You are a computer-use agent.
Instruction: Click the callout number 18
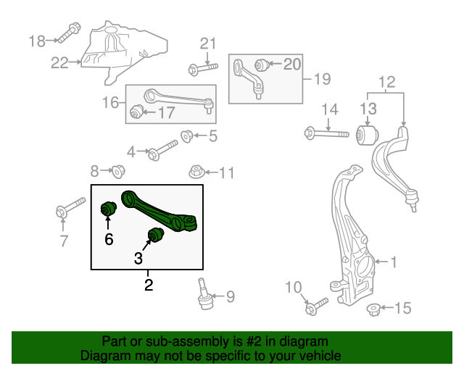[x=37, y=41]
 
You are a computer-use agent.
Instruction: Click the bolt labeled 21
[x=202, y=70]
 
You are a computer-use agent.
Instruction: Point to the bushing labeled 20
[x=262, y=65]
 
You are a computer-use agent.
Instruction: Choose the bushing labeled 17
[x=136, y=112]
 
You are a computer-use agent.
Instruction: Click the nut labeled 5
[x=186, y=135]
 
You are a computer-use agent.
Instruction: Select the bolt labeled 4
[x=162, y=151]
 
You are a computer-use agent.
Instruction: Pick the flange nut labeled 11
[x=195, y=172]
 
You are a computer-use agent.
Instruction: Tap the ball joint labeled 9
[x=204, y=292]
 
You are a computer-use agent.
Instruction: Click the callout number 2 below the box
[x=148, y=285]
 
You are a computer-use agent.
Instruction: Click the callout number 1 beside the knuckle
[x=394, y=262]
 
